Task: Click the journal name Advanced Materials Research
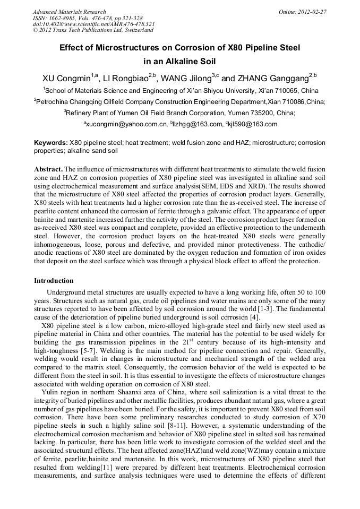pos(69,11)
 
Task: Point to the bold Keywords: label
pos(51,143)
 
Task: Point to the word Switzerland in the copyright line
pos(137,30)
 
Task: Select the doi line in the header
pos(93,24)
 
